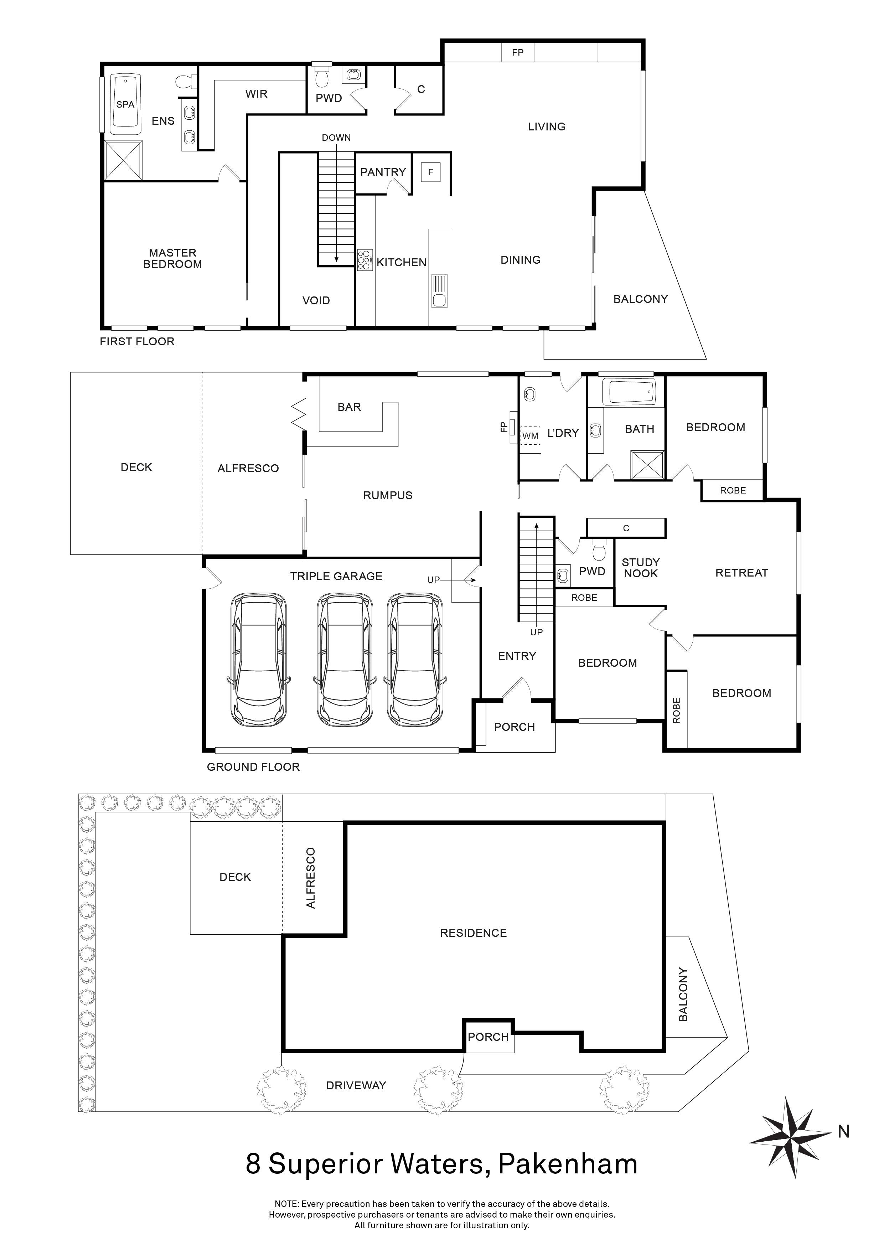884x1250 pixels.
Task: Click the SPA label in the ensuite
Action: [x=125, y=104]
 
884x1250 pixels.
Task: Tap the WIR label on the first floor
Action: [x=257, y=94]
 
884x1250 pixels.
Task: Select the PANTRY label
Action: [x=383, y=172]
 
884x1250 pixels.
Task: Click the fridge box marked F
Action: [x=430, y=172]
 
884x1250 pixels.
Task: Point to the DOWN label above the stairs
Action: [x=336, y=138]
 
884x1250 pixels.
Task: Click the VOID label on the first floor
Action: [x=316, y=300]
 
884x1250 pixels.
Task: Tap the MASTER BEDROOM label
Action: [x=172, y=259]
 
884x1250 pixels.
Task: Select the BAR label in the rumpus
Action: [x=350, y=407]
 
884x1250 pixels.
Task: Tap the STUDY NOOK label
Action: [x=641, y=568]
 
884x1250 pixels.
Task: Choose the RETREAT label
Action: [x=741, y=573]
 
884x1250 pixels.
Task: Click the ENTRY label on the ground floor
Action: [x=517, y=656]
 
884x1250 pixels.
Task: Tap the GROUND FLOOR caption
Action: [x=253, y=767]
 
